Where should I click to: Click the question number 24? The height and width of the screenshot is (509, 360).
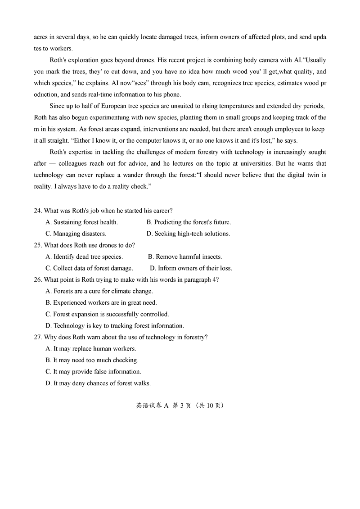tap(38, 211)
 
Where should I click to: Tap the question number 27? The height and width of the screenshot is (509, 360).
tap(38, 337)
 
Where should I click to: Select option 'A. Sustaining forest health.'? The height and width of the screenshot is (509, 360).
tap(81, 222)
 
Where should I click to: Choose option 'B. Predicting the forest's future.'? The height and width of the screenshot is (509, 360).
tap(189, 222)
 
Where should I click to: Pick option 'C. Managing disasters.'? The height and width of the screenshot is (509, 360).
tap(76, 234)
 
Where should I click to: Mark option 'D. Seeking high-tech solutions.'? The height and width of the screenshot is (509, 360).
tap(188, 234)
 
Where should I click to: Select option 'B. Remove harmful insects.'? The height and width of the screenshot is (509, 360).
tap(185, 257)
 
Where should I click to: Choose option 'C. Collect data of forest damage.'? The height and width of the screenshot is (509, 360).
tap(89, 268)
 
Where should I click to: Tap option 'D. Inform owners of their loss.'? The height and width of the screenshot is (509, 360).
tap(191, 268)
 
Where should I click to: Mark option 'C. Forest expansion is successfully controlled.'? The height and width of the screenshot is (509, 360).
tap(107, 314)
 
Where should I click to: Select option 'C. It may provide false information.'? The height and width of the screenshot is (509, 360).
tap(93, 372)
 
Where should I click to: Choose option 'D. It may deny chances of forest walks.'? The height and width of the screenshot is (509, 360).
tap(98, 383)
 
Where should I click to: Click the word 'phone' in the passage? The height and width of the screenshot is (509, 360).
tap(171, 95)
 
